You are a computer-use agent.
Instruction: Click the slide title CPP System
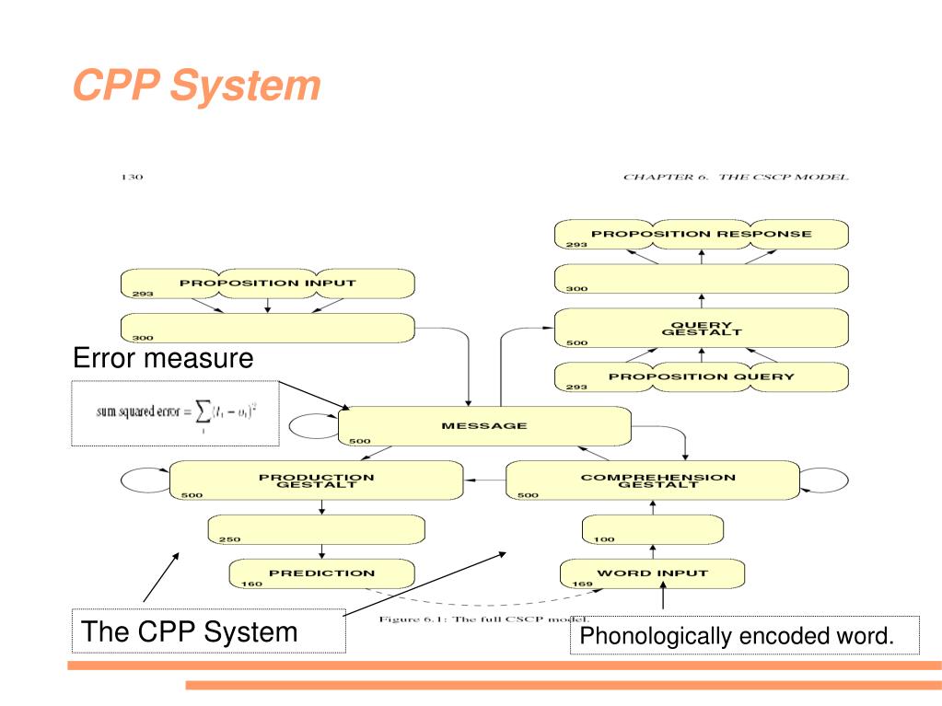pos(196,87)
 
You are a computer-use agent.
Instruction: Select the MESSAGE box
pos(484,426)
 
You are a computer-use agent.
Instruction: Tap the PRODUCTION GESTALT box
pos(316,480)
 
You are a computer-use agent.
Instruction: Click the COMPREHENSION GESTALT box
pos(653,480)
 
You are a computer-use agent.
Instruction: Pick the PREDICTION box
pos(321,573)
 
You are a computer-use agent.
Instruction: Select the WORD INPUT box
pos(652,573)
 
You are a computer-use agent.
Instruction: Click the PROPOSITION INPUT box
pos(267,284)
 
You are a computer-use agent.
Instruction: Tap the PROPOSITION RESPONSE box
pos(701,234)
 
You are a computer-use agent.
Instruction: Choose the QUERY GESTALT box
pos(701,329)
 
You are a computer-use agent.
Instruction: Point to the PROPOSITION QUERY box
pos(701,376)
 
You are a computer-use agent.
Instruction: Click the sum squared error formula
pos(175,413)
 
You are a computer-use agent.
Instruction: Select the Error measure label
pos(163,358)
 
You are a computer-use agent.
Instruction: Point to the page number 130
pos(133,177)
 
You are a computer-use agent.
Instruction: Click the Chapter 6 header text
pos(735,177)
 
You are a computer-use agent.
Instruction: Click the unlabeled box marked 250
pos(317,529)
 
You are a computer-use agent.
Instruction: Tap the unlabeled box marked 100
pos(652,529)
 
